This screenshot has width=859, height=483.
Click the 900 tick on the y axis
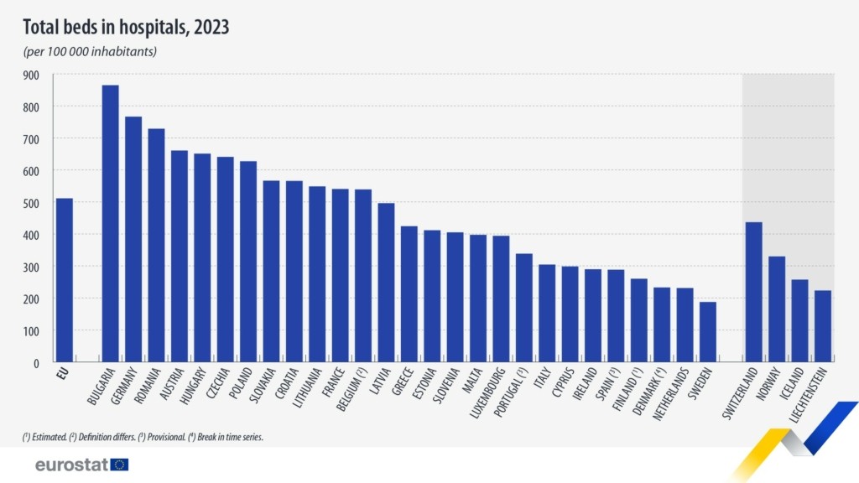31,75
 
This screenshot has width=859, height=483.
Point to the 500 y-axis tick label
31,203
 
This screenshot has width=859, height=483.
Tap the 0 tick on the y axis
36,363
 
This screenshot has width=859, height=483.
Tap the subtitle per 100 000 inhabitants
90,52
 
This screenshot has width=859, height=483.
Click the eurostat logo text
71,465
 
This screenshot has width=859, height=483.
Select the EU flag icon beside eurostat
119,465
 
